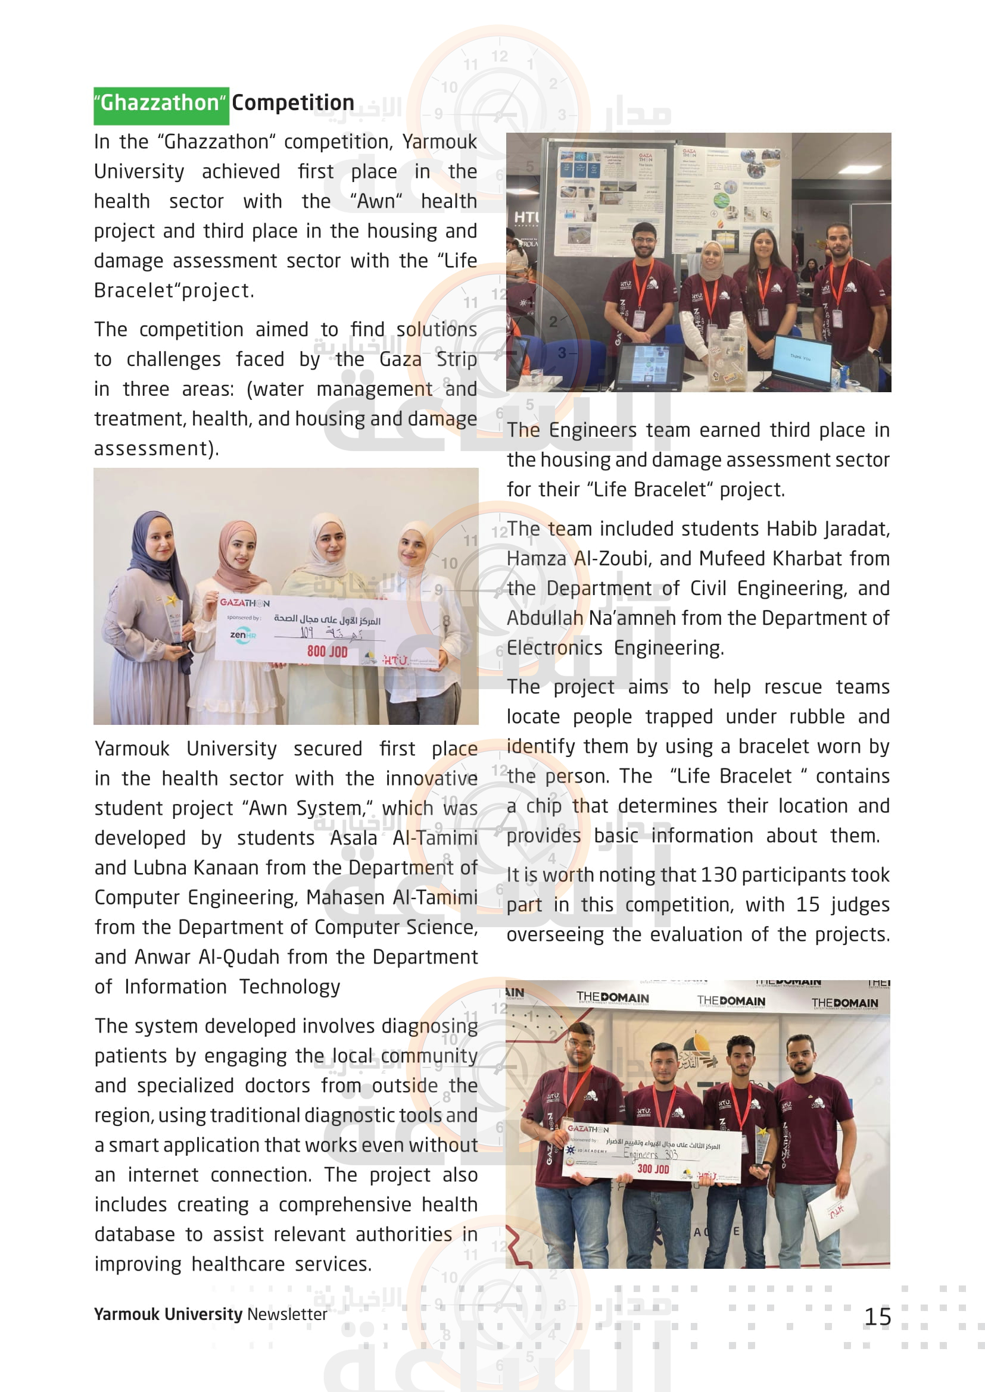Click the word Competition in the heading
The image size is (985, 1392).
coord(293,103)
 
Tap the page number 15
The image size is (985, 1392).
coord(877,1317)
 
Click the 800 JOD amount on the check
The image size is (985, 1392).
coord(327,652)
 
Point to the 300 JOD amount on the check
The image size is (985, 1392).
coord(653,1169)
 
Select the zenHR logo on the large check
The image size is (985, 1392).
coord(242,635)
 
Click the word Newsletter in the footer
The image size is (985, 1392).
coord(287,1315)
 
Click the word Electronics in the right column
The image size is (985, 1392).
coord(554,648)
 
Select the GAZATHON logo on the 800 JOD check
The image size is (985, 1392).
coord(244,603)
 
